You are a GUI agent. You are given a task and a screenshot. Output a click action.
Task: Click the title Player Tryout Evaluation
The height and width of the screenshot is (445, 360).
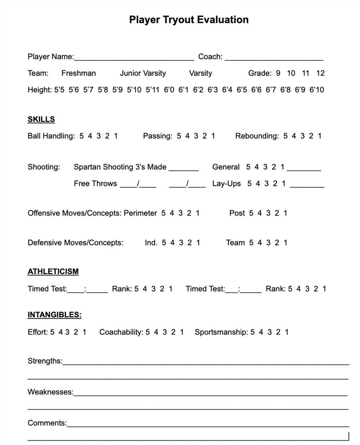[189, 20]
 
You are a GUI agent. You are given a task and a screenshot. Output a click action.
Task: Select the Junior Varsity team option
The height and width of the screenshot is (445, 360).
[143, 73]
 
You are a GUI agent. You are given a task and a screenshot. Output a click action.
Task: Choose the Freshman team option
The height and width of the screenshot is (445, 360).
[78, 73]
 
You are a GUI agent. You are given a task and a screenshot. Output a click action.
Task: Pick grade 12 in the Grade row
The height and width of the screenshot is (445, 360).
[320, 73]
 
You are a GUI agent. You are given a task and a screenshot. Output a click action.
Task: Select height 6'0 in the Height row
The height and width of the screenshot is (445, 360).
[169, 90]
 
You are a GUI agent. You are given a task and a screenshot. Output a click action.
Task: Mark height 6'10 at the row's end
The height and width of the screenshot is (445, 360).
[316, 90]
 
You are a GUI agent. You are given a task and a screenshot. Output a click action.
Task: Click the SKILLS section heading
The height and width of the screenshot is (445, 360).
[41, 119]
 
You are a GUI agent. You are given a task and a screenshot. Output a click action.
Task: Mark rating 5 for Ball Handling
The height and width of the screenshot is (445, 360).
[82, 136]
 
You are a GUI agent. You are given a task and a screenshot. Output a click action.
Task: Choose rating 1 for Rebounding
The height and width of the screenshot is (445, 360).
[320, 136]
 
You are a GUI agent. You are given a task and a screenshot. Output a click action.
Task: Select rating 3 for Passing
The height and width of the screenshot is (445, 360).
[196, 136]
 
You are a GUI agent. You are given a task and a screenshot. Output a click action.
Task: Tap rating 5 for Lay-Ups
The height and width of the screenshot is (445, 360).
[249, 184]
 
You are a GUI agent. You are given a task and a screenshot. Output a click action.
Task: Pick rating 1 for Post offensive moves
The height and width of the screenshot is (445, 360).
[285, 213]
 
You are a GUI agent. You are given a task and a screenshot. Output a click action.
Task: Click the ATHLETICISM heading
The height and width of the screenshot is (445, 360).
[53, 272]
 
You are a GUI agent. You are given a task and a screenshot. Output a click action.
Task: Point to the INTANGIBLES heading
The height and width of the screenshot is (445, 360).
[54, 315]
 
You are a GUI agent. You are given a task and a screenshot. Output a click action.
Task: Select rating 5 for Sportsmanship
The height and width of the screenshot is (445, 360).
[253, 332]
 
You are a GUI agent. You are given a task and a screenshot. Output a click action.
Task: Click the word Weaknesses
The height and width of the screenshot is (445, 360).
[50, 392]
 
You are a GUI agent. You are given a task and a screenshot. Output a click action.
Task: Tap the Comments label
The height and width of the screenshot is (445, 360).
[47, 423]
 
